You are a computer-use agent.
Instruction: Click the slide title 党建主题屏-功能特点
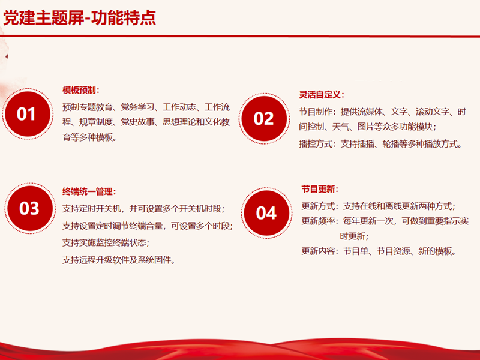[80, 18]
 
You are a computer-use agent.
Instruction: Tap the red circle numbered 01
[28, 114]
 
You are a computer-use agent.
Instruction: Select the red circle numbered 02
[264, 118]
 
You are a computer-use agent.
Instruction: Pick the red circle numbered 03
[29, 208]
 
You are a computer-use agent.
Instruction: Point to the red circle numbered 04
[266, 213]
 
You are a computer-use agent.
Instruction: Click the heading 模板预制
[79, 90]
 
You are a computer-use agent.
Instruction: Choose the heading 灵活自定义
[320, 95]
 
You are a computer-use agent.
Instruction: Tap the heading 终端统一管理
[88, 191]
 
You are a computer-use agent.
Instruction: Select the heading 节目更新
[318, 189]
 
